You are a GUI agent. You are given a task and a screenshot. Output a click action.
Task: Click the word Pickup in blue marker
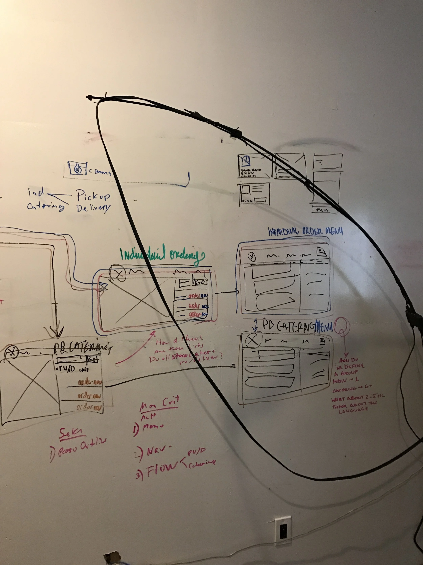tap(94, 196)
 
